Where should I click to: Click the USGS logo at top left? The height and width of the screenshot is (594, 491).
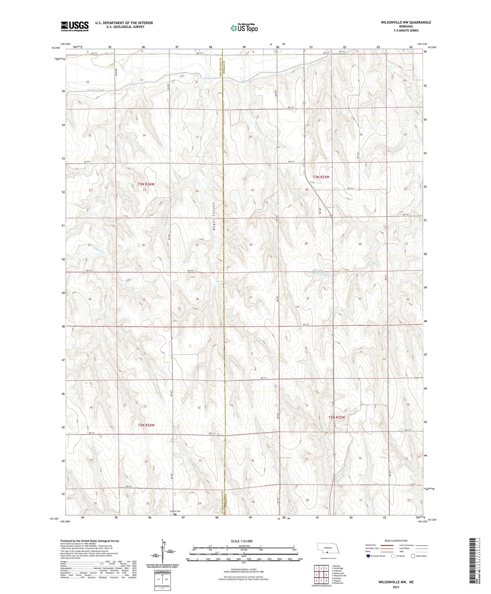(75, 26)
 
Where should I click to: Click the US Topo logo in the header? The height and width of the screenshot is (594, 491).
(244, 28)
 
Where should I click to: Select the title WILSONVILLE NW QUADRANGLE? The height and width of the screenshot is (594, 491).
(406, 22)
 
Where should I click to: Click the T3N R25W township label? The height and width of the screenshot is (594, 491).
(320, 177)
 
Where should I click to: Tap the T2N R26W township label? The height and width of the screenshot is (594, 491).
(146, 425)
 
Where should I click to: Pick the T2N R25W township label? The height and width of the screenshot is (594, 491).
(337, 417)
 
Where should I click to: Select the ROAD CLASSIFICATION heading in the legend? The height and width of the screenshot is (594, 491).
(396, 541)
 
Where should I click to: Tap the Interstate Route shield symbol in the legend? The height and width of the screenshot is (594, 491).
(368, 556)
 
